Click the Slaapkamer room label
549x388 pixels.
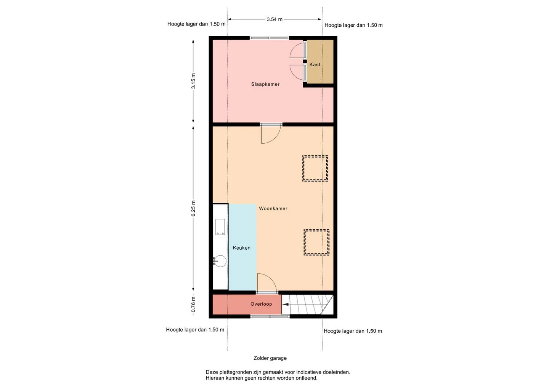[x=265, y=84]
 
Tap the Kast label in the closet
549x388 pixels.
[x=315, y=64]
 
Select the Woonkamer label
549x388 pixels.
[x=273, y=208]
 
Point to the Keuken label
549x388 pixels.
[x=242, y=248]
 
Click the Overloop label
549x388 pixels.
[x=261, y=304]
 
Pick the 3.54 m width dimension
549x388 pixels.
[x=274, y=19]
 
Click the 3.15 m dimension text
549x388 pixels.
[x=193, y=81]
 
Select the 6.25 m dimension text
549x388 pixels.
[x=193, y=208]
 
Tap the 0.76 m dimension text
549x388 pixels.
[x=193, y=305]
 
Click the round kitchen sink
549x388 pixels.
[x=220, y=261]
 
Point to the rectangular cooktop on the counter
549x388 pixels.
[x=220, y=227]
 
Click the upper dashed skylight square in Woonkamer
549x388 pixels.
[x=315, y=168]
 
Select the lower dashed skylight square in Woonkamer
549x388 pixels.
[x=316, y=242]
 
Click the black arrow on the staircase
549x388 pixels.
[x=286, y=305]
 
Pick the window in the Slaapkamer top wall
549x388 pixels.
[x=269, y=38]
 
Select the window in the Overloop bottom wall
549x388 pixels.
[x=270, y=317]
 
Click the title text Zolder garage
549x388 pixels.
[x=270, y=358]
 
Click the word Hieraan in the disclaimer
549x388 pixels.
[x=214, y=378]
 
